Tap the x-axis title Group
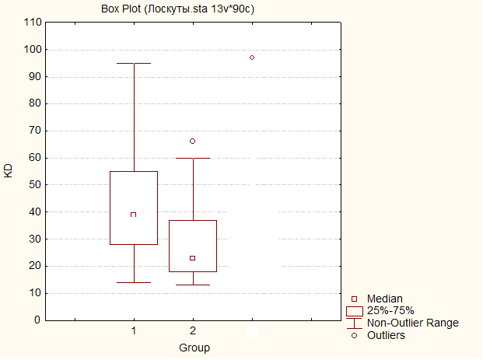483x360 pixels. click(x=194, y=347)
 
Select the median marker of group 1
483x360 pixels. click(x=134, y=214)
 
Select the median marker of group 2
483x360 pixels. click(x=192, y=258)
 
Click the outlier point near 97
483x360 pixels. click(x=252, y=58)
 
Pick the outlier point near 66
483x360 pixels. click(x=192, y=141)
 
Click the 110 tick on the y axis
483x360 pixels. click(x=32, y=23)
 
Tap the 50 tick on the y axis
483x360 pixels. click(x=34, y=185)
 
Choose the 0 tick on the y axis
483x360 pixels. click(x=37, y=320)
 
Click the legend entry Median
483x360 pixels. click(x=384, y=299)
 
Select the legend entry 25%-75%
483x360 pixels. click(x=390, y=310)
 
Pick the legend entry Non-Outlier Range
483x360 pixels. click(x=412, y=323)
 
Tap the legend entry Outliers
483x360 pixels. click(x=386, y=335)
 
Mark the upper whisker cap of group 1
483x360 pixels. click(x=134, y=63)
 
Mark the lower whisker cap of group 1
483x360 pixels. click(x=134, y=282)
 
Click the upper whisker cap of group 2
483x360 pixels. click(x=192, y=158)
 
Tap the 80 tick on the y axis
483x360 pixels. click(x=34, y=103)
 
